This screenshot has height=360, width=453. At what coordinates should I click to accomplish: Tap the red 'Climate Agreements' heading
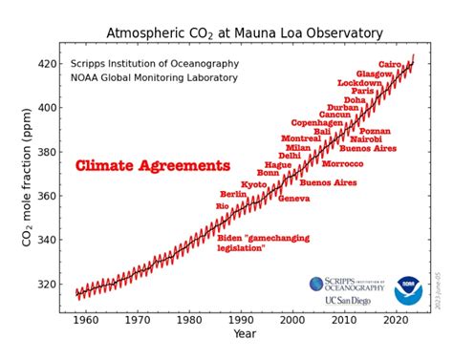click(153, 166)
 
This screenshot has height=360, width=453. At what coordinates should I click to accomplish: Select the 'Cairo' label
click(390, 64)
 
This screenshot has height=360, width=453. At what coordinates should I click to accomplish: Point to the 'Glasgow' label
click(374, 74)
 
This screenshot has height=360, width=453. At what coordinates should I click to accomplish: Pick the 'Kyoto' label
click(253, 184)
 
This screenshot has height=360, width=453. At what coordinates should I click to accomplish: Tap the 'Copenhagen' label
click(315, 122)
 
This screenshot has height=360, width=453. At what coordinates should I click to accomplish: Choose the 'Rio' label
click(223, 205)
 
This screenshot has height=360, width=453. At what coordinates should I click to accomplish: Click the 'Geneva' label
click(293, 199)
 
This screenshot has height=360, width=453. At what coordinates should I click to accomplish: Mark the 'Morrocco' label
click(342, 163)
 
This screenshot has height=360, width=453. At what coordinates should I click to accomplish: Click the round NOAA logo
click(408, 290)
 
